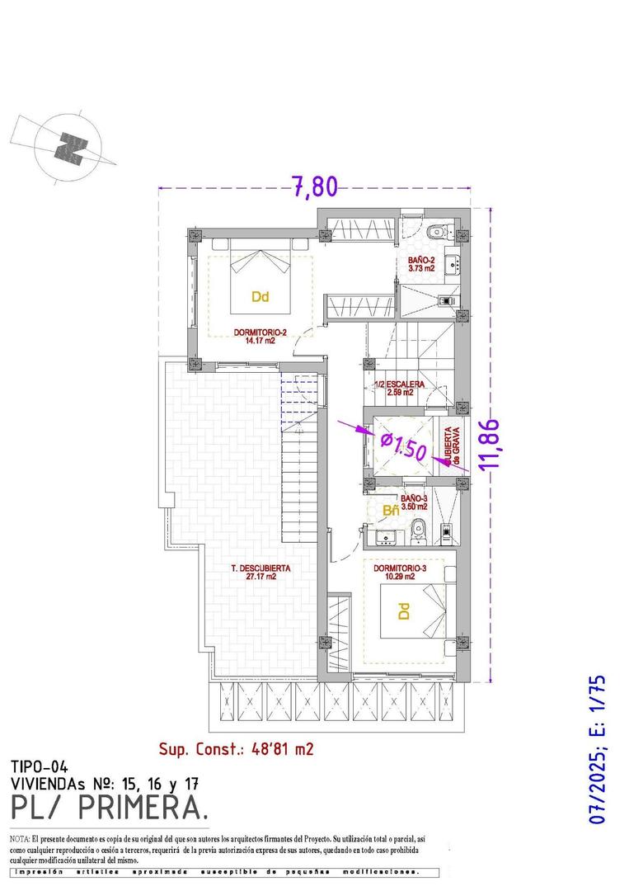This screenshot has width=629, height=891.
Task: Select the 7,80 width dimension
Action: pyautogui.click(x=316, y=187)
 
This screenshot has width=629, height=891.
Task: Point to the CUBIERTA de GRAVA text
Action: pyautogui.click(x=452, y=446)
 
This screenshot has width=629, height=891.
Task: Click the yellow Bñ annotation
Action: pyautogui.click(x=392, y=511)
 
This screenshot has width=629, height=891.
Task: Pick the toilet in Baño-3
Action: pyautogui.click(x=419, y=530)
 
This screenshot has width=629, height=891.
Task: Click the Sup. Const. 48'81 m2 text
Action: pyautogui.click(x=236, y=749)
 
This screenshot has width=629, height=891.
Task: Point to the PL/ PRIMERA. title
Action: pyautogui.click(x=109, y=808)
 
